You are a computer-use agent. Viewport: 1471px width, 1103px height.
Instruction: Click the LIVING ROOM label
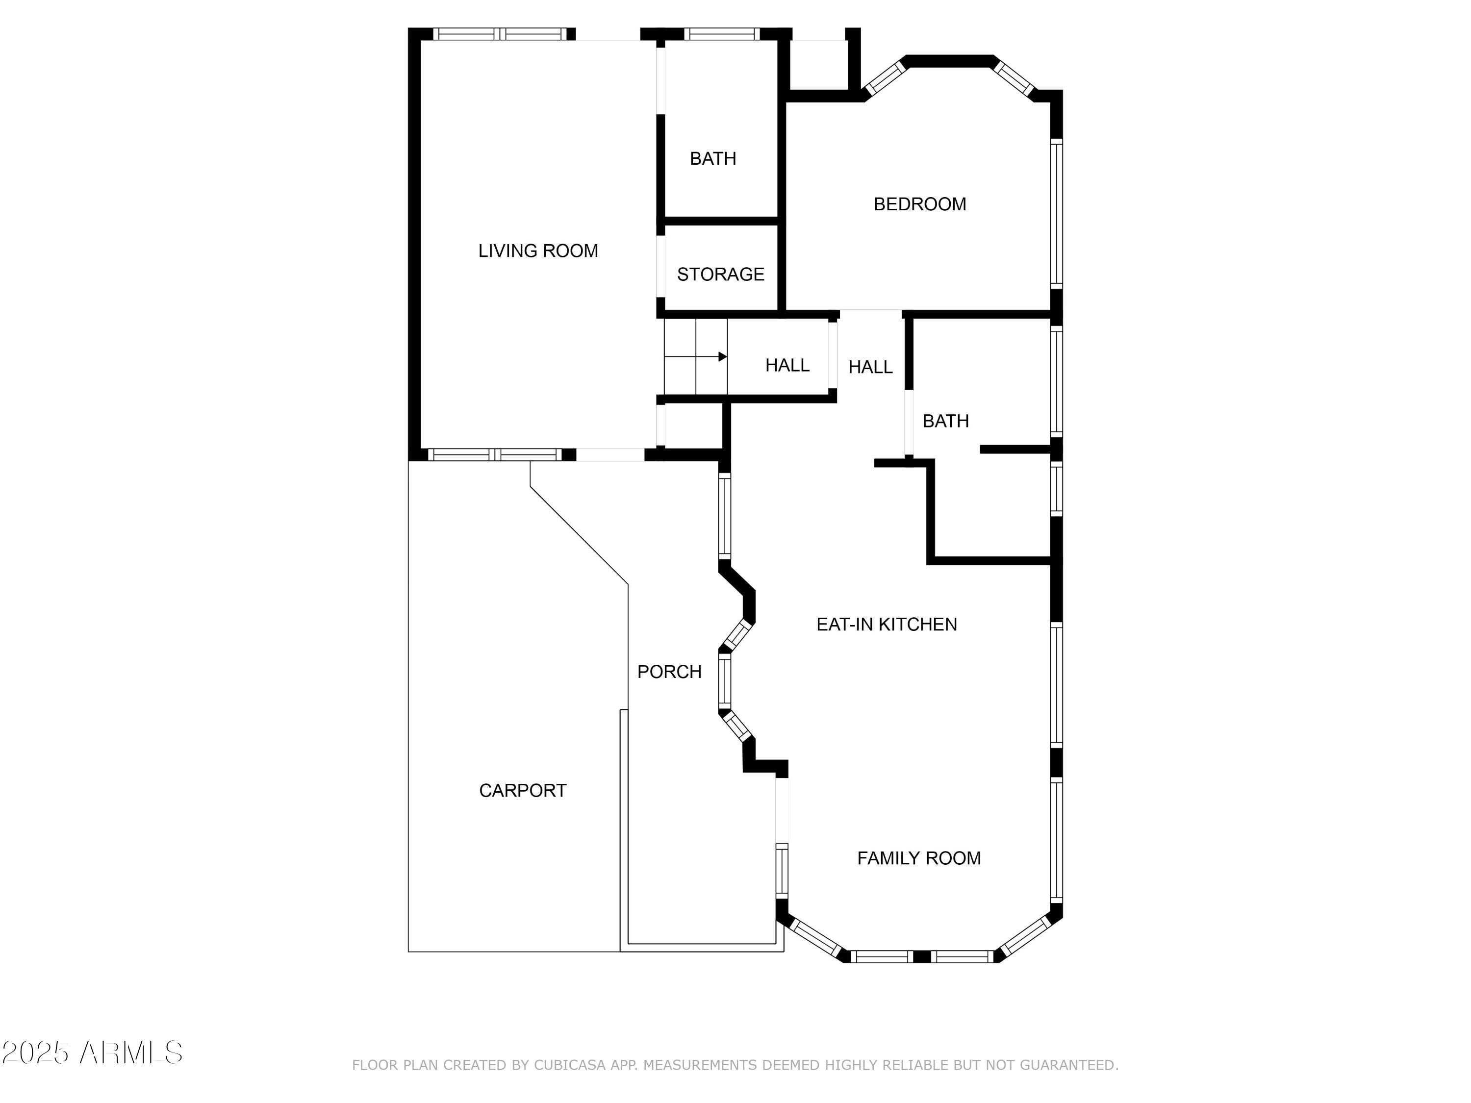(538, 251)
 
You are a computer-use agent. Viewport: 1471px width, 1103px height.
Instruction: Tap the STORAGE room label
(720, 274)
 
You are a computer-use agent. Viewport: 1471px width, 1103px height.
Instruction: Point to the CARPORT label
(523, 791)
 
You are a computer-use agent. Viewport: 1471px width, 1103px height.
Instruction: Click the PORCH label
(669, 672)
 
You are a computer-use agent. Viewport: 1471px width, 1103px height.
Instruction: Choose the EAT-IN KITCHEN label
(887, 625)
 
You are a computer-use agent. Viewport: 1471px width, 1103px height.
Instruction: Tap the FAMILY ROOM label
(918, 858)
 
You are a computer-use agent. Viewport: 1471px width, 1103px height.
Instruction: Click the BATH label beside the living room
(712, 158)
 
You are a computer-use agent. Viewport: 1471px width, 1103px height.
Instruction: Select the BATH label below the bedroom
(945, 421)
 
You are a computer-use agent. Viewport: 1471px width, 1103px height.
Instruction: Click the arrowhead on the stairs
(722, 357)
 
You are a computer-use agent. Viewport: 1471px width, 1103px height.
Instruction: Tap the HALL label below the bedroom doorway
(870, 367)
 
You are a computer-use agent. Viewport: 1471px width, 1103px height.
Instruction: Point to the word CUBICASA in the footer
(569, 1065)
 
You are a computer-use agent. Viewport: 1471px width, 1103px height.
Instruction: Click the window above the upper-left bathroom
(722, 34)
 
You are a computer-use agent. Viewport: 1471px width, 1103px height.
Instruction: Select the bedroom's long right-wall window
(1056, 214)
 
